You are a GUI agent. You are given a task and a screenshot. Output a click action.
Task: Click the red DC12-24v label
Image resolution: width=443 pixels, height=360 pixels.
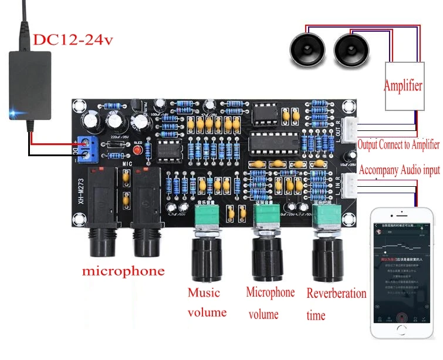click(73, 40)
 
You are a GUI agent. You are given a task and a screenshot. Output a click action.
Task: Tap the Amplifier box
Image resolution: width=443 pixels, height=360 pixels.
click(403, 86)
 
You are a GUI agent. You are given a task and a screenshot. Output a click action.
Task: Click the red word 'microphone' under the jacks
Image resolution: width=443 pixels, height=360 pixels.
click(123, 271)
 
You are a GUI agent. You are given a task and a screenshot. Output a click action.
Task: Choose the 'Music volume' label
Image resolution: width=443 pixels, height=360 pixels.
click(207, 302)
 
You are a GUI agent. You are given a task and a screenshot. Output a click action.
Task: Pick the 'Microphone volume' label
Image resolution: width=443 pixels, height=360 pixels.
click(270, 302)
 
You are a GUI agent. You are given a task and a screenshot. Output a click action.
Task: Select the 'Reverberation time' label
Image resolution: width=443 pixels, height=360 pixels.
click(336, 304)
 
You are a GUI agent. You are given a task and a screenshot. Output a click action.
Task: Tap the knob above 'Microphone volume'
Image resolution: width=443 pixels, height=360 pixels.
click(269, 253)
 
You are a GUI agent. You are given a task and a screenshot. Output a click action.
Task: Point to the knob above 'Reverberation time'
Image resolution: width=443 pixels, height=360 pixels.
click(327, 253)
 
